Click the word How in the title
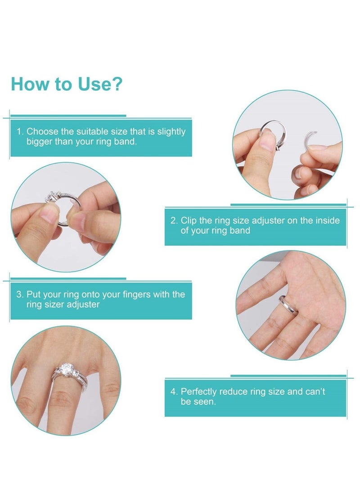pyautogui.click(x=28, y=84)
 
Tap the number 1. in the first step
pyautogui.click(x=20, y=132)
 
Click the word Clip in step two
pyautogui.click(x=189, y=221)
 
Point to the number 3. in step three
pyautogui.click(x=20, y=294)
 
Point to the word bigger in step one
pyautogui.click(x=40, y=142)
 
